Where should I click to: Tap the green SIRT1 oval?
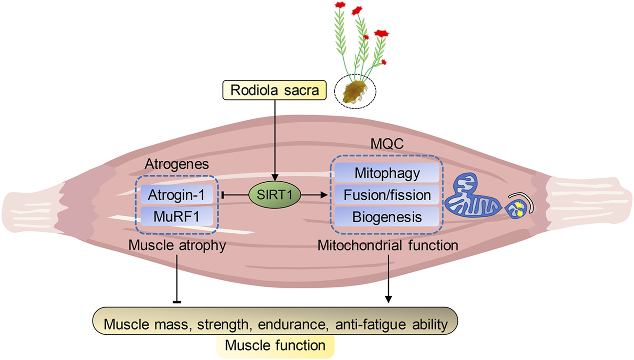tap(275, 195)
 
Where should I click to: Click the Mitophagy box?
tap(386, 173)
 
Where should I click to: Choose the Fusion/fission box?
tap(386, 195)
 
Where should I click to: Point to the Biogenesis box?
tap(386, 216)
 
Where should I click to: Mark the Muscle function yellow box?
tap(275, 345)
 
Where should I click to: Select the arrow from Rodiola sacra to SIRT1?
tap(275, 141)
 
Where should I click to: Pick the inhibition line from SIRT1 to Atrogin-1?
tap(236, 195)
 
